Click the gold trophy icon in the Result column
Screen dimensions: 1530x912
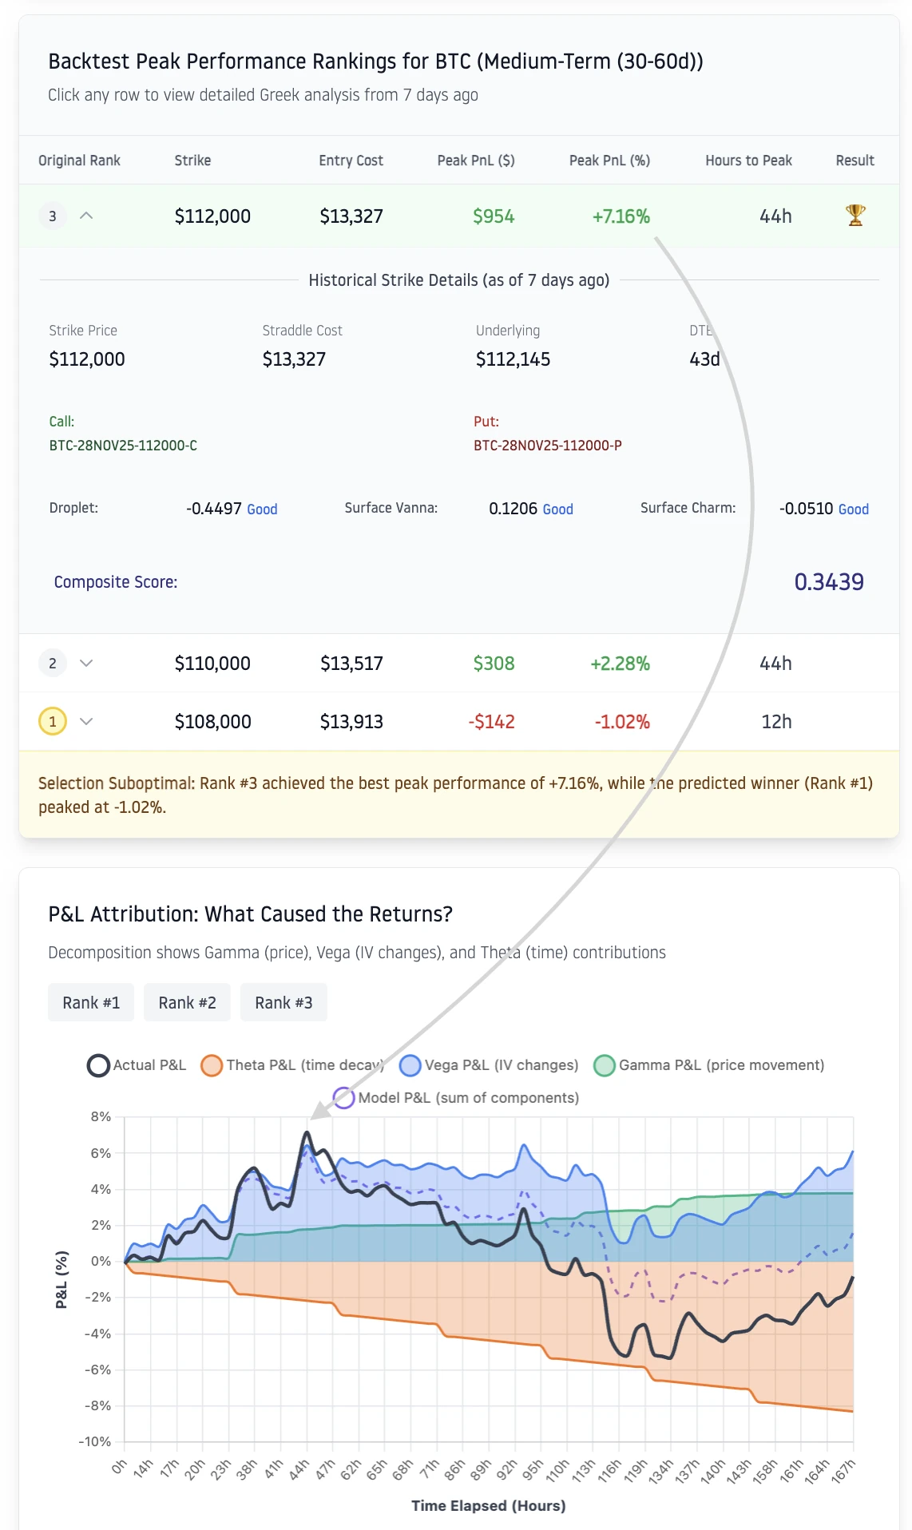point(855,216)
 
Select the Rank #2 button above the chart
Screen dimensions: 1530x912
point(187,1002)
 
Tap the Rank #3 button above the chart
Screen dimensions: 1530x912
point(284,1002)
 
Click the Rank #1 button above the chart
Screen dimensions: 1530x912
point(91,1002)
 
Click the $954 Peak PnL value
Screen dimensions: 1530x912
point(494,216)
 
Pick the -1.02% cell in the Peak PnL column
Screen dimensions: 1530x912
point(621,722)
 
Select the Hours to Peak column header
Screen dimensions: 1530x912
point(748,161)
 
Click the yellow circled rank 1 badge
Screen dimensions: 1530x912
point(53,722)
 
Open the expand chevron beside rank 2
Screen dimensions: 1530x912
point(86,663)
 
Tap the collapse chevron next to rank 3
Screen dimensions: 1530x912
point(86,216)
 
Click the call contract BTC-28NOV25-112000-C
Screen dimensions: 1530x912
point(123,446)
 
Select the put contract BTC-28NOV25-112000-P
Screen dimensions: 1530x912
point(548,446)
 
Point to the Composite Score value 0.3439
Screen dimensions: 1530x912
point(828,582)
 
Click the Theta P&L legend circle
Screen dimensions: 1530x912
point(212,1065)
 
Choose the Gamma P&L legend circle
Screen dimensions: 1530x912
point(605,1065)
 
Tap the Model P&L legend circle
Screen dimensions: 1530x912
point(344,1098)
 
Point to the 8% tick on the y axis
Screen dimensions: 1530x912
point(101,1116)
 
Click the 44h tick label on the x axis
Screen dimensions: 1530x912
point(299,1470)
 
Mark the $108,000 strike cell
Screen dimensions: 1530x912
point(212,722)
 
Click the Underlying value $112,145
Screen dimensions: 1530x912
point(513,359)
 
